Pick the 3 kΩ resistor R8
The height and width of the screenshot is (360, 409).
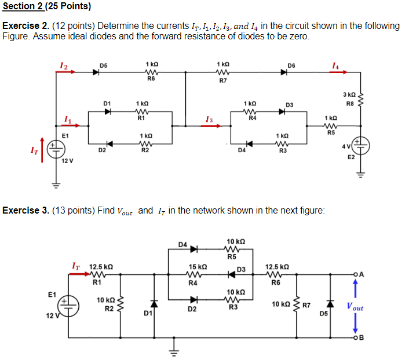click(x=362, y=100)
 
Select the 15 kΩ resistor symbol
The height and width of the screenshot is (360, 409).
click(x=195, y=275)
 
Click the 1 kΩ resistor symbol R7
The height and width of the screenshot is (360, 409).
click(x=222, y=72)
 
